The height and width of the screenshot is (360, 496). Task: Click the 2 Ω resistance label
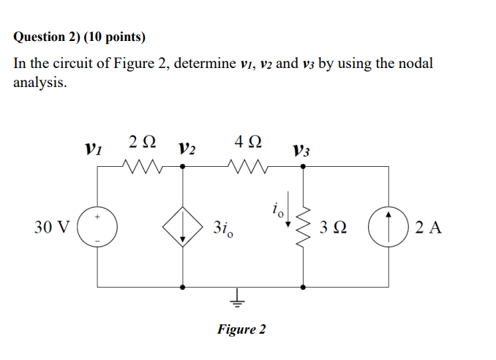141,141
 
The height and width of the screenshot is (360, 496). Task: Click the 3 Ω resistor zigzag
304,227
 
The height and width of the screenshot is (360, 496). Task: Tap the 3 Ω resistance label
332,228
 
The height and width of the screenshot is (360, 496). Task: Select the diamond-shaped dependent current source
181,227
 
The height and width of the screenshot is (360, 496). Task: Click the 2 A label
428,228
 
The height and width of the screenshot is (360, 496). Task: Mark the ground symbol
237,296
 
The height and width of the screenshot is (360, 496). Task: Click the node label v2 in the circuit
187,149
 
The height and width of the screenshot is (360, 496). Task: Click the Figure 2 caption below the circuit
241,329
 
